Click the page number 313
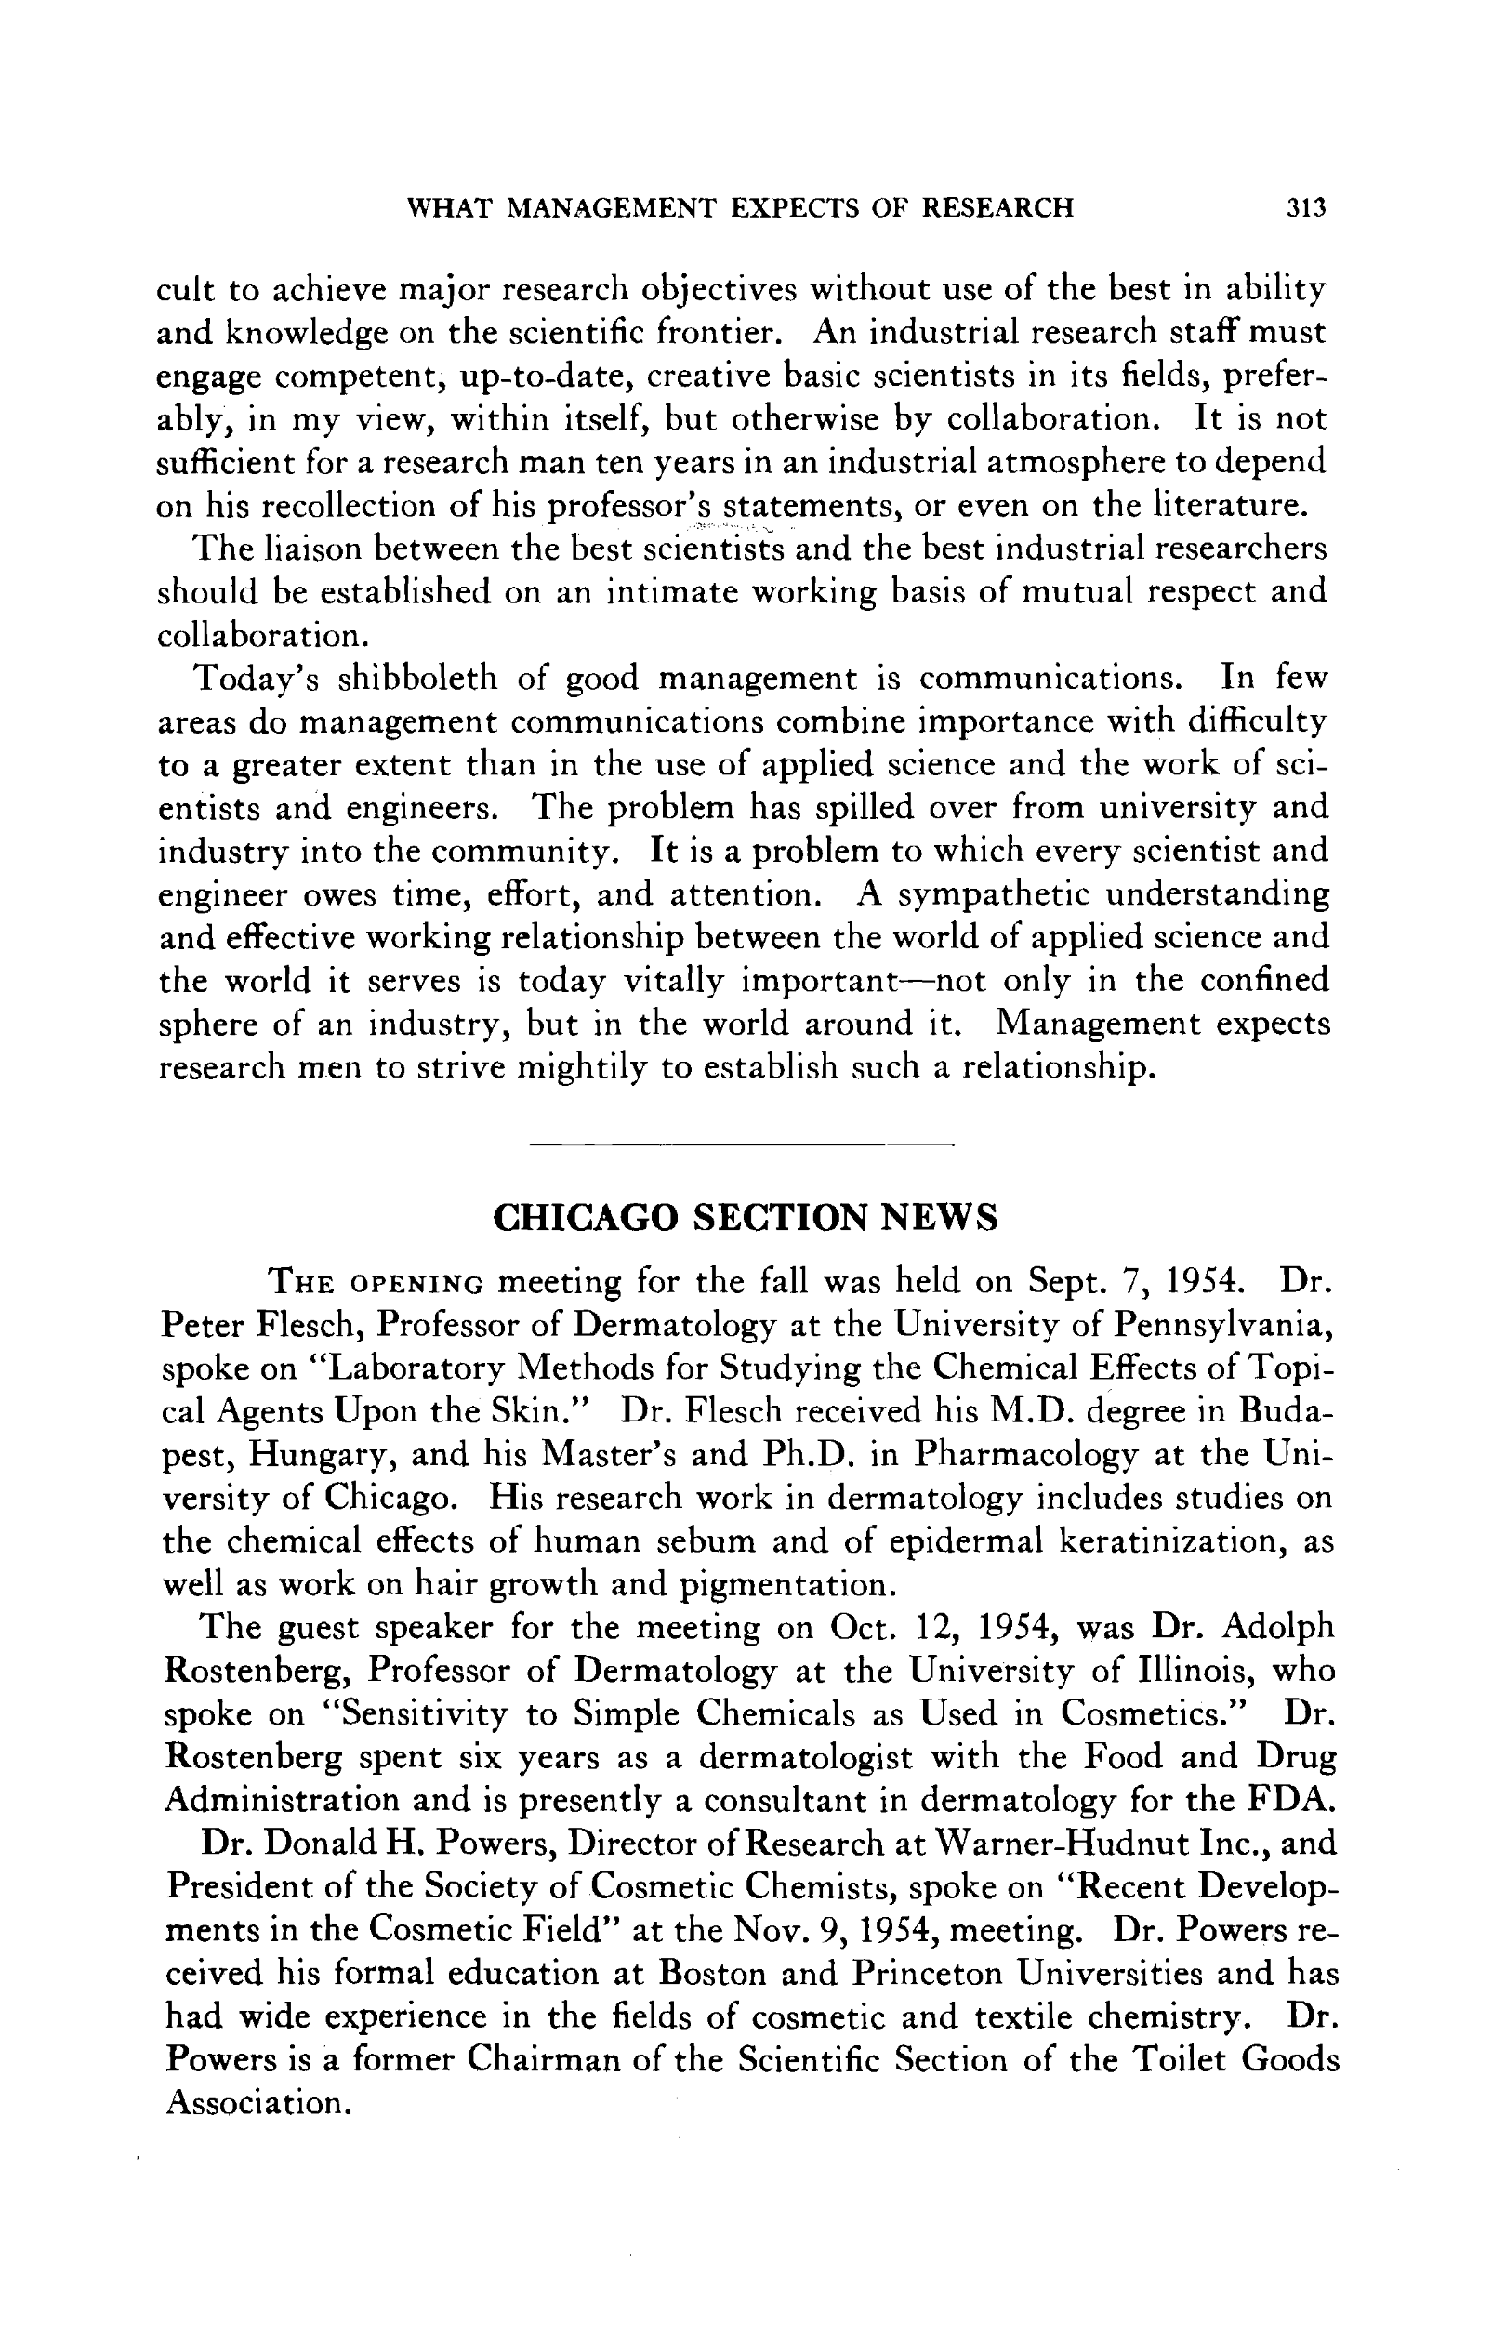tap(1305, 208)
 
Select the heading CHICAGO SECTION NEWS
tap(745, 1218)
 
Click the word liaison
tap(298, 549)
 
